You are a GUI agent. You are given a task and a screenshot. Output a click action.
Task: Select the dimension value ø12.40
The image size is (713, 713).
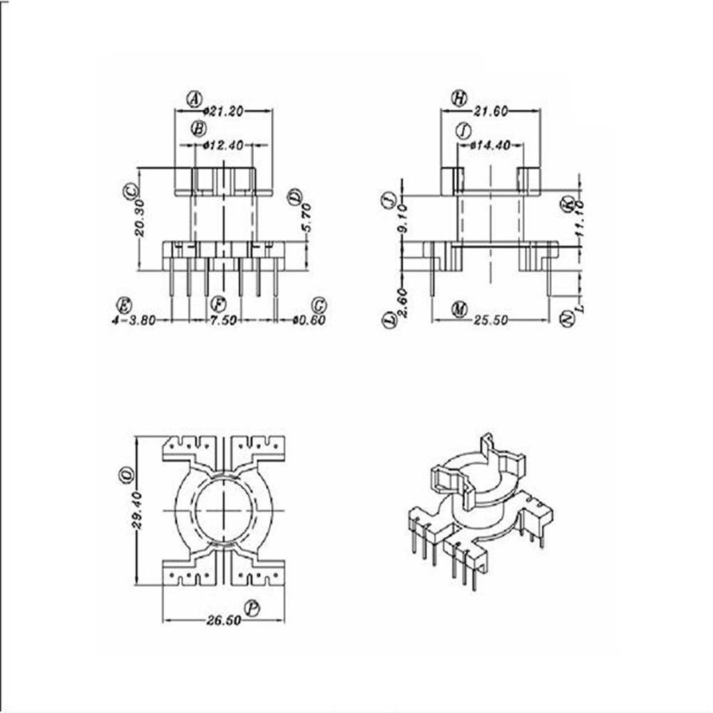click(223, 145)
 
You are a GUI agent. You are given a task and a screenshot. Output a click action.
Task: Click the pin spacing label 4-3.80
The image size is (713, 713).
click(133, 321)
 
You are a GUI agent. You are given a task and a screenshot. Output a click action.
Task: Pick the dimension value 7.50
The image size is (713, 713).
click(223, 321)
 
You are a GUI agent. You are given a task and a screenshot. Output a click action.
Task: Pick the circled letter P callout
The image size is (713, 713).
click(252, 608)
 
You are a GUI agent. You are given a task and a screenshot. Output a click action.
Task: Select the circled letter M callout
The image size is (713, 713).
click(459, 309)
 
